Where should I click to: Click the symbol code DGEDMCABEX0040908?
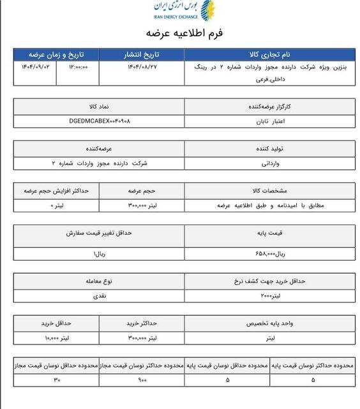pos(99,120)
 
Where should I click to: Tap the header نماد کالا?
pos(99,105)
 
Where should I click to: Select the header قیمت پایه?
pos(272,235)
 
